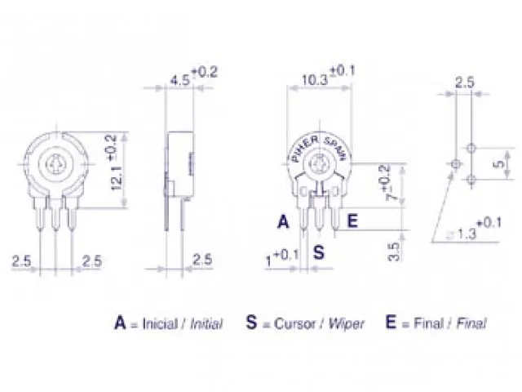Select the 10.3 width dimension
click(314, 79)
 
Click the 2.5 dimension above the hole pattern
click(464, 82)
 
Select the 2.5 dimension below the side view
click(202, 260)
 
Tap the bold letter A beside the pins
click(282, 221)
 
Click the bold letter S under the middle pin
click(319, 252)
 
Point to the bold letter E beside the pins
click(352, 220)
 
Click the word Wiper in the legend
click(346, 323)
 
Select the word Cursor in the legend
click(290, 323)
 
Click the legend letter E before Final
click(391, 323)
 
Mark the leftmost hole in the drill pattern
click(455, 164)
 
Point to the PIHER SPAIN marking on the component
click(317, 148)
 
